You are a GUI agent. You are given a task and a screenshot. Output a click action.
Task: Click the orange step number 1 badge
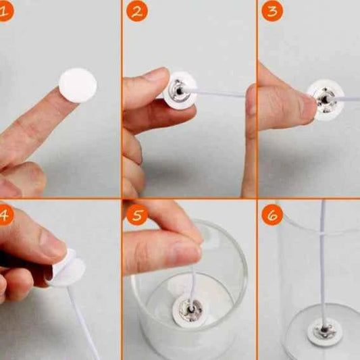(x=5, y=11)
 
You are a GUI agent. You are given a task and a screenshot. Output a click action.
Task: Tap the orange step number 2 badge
(x=137, y=11)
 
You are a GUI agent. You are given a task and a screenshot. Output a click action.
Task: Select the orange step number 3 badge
(x=272, y=11)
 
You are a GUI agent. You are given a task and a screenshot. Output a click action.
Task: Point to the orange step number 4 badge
(x=5, y=215)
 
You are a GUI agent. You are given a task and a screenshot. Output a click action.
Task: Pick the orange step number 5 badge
(x=137, y=215)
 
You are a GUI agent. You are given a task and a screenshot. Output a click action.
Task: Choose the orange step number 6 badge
(x=272, y=215)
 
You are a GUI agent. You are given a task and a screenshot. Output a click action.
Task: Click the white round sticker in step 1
(x=78, y=85)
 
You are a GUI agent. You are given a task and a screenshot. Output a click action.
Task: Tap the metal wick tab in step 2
(x=178, y=91)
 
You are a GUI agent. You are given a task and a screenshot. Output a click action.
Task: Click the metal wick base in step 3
(x=326, y=100)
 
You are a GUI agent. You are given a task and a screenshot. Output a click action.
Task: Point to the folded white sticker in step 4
(x=67, y=268)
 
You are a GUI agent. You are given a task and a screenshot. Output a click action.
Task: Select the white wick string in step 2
(x=217, y=93)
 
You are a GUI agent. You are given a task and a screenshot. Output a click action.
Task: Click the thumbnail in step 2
(x=159, y=75)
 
